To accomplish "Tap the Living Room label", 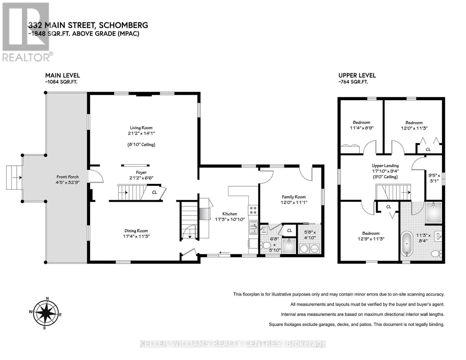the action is coord(141,128).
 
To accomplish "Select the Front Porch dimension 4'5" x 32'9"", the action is coord(68,182).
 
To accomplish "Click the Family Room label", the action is coord(293,197).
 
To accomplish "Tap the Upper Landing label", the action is coord(385,166).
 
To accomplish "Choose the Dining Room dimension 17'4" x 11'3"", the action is coord(136,236).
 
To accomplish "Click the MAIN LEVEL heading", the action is coord(62,76).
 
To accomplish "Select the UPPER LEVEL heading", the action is coord(357,76).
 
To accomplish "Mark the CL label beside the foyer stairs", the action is coord(155,192).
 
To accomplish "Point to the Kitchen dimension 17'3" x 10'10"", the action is coord(230,219).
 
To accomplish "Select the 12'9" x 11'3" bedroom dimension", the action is coord(371,238).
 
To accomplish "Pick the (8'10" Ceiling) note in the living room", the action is coord(141,145).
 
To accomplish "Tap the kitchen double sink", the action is coord(253,227).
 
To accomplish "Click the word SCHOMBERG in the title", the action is coord(123,25).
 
